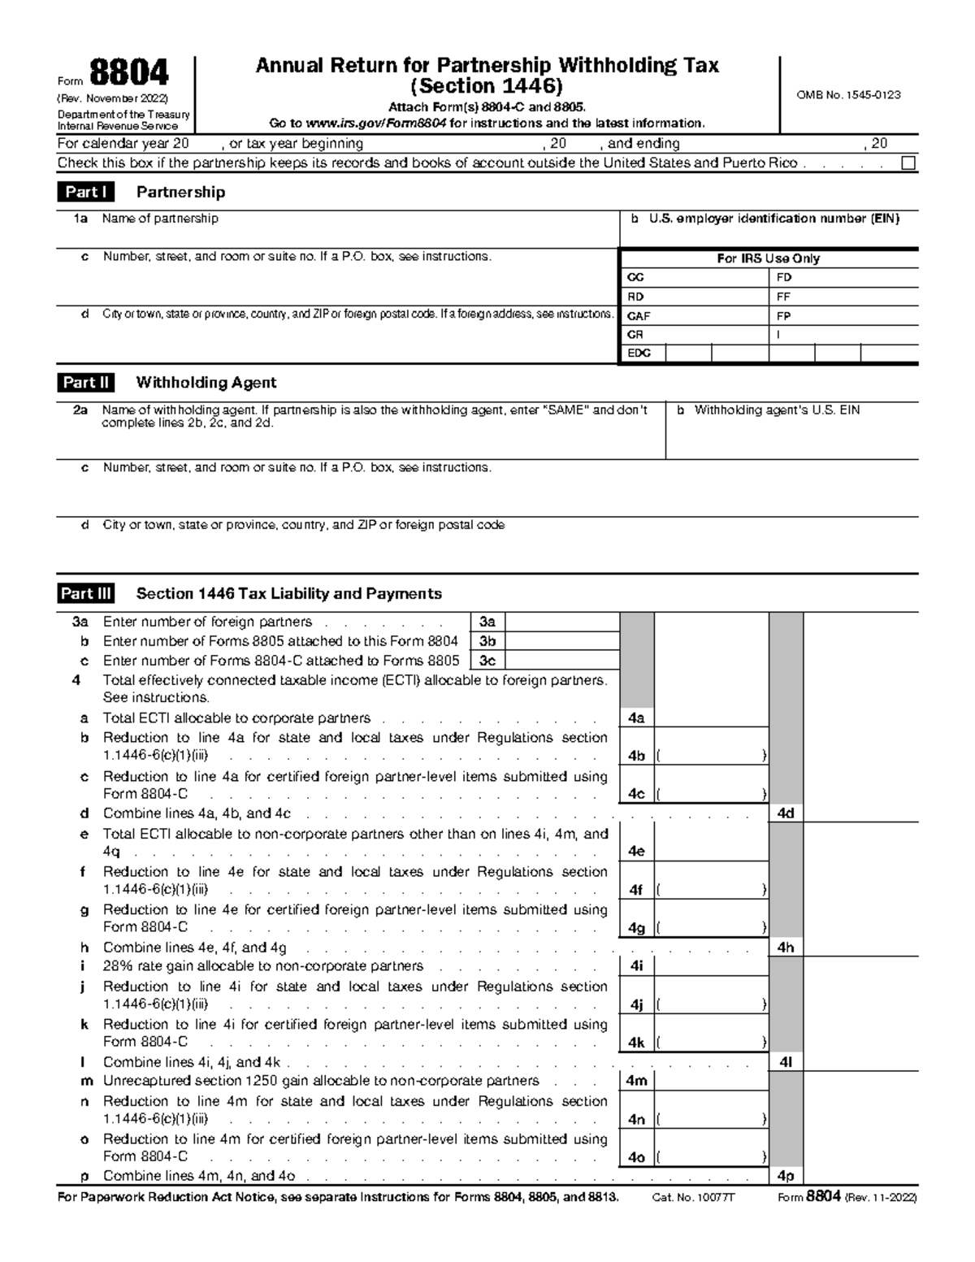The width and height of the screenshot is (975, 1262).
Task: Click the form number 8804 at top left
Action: (129, 74)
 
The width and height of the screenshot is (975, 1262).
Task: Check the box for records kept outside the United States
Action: (908, 163)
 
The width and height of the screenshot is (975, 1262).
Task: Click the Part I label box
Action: (85, 193)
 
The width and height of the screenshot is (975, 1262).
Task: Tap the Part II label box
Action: (85, 383)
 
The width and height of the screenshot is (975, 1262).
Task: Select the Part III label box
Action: (85, 594)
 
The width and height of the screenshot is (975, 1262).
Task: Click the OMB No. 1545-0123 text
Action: (849, 95)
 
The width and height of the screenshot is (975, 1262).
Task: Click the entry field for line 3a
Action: (561, 622)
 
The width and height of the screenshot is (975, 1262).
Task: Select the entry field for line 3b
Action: (561, 642)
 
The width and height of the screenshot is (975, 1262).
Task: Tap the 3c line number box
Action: (487, 661)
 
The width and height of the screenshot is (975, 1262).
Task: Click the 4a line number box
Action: (636, 718)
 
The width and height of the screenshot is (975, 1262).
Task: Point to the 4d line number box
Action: (786, 813)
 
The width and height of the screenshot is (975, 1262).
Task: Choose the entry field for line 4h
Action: (860, 948)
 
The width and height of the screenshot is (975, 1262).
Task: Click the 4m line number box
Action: (637, 1081)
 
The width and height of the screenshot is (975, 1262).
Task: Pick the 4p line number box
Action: (786, 1177)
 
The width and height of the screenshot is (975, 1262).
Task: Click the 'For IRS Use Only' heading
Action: (768, 258)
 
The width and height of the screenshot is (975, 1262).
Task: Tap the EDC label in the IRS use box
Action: (639, 353)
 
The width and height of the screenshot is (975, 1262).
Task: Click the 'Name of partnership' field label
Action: (160, 219)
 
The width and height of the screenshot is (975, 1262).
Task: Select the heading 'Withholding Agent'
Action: (206, 383)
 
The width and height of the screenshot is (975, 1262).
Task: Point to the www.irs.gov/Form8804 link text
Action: (377, 124)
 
